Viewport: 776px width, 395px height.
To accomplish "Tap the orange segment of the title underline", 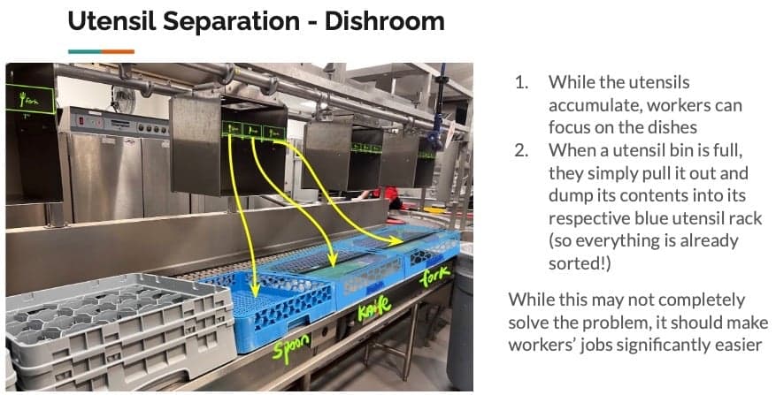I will (x=117, y=52).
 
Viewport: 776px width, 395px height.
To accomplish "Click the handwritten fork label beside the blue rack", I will (x=435, y=277).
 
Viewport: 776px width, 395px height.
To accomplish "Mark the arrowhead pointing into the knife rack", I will (x=333, y=262).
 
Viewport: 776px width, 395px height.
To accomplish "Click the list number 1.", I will (x=521, y=83).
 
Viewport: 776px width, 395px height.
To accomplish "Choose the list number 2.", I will (x=521, y=150).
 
